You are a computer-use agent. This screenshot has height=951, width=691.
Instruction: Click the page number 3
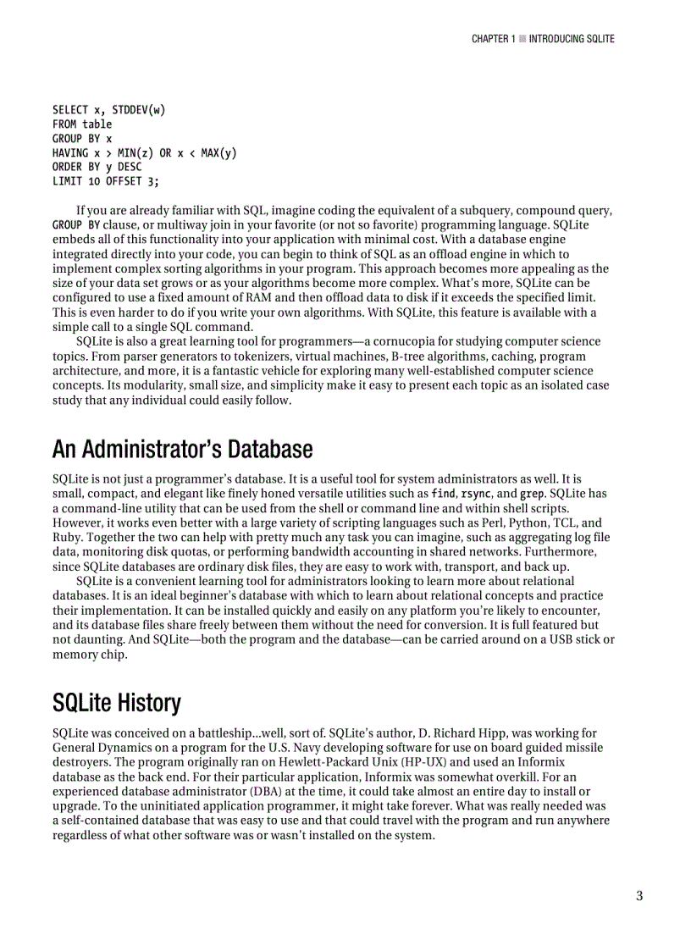coord(639,897)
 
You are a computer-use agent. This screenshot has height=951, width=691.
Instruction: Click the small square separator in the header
coord(522,39)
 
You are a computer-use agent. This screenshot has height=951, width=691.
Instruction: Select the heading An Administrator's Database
coord(182,449)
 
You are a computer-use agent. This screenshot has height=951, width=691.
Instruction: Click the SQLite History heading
coord(116,703)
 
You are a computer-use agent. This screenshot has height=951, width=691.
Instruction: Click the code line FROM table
coord(82,124)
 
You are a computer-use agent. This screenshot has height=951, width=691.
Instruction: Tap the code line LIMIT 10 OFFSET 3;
coord(105,181)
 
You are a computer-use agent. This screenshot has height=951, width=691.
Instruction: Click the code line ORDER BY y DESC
coord(97,167)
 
